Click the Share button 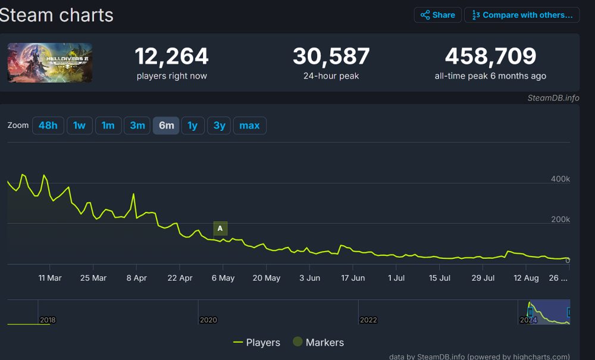coord(437,15)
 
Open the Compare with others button coord(522,15)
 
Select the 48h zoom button coord(48,126)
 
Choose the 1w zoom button coord(80,126)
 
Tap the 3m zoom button coord(137,126)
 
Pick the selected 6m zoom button coord(167,126)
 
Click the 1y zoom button coord(192,126)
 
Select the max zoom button coord(249,126)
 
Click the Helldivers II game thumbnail coord(50,62)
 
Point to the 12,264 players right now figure coord(171,57)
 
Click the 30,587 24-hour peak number coord(331,57)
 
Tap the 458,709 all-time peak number coord(490,57)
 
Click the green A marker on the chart coord(220,228)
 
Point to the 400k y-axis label coord(560,179)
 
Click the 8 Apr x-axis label coord(136,278)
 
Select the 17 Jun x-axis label coord(353,278)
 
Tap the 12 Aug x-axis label coord(526,278)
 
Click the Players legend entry coord(256,342)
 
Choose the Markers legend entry coord(318,342)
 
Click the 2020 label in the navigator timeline coord(208,320)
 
